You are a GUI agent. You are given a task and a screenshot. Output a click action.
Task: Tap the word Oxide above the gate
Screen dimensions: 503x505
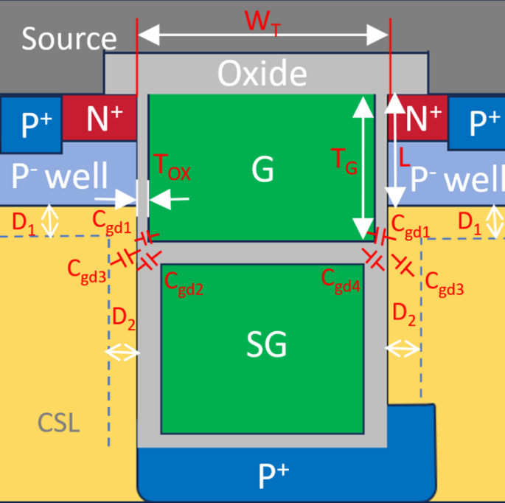click(x=262, y=73)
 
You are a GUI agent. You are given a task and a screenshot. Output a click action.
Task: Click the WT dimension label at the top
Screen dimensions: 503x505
click(x=264, y=22)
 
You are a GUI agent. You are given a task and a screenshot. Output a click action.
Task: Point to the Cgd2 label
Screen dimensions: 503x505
click(x=184, y=282)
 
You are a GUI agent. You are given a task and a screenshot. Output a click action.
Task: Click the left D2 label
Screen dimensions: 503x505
click(x=122, y=319)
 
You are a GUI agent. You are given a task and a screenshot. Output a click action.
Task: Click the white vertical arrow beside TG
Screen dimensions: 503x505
click(x=362, y=167)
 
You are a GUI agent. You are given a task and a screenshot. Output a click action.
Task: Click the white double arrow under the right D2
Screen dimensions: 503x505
click(x=404, y=347)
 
